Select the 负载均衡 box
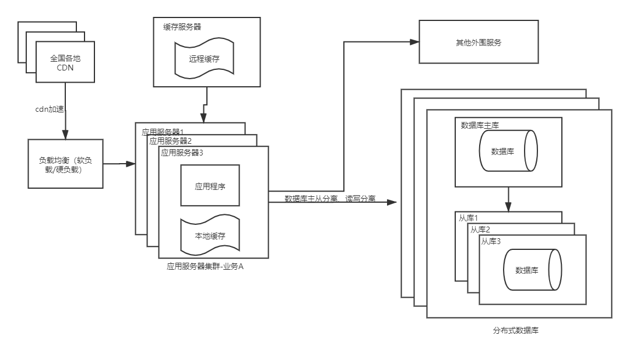point(65,164)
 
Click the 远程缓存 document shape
point(205,59)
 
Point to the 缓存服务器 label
point(182,27)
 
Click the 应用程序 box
point(210,185)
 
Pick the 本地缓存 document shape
point(210,237)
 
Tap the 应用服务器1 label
point(163,132)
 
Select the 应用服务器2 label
point(170,140)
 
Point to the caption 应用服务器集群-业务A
point(205,266)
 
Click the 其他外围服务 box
point(478,43)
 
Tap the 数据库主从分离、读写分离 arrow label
point(330,199)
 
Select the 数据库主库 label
point(480,125)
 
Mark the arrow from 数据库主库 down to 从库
point(508,199)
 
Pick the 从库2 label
point(481,230)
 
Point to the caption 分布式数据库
point(515,330)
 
